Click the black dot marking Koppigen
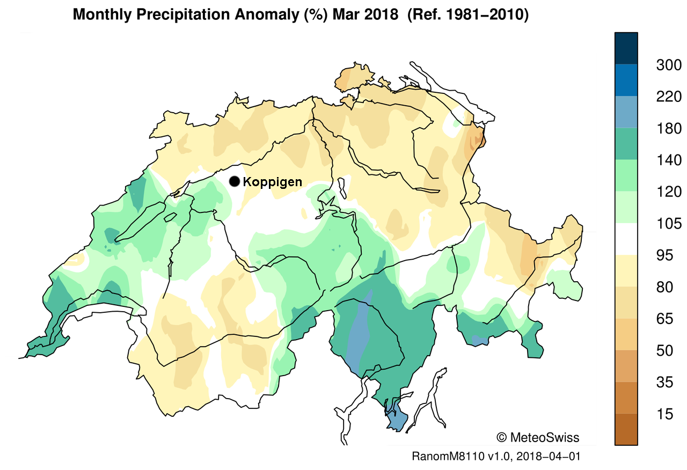(x=234, y=181)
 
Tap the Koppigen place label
(x=272, y=182)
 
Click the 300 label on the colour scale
(x=669, y=65)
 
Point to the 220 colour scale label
(x=669, y=97)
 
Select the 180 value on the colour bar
(x=669, y=129)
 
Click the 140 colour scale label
(x=669, y=160)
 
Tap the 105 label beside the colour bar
(x=669, y=224)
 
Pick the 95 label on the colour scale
(x=669, y=255)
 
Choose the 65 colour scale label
(x=669, y=319)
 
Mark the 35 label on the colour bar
(x=669, y=383)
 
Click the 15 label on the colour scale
(x=669, y=414)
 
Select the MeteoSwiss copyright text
(x=538, y=437)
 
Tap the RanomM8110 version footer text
(x=496, y=457)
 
